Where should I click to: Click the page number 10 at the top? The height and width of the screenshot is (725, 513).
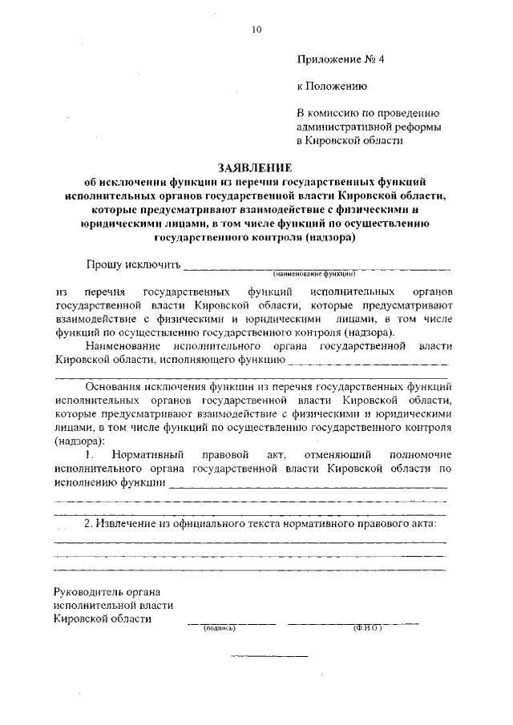pos(256,30)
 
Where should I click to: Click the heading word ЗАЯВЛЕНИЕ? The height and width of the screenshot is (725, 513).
pos(256,168)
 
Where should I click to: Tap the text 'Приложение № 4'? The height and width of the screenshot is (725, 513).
pos(341,59)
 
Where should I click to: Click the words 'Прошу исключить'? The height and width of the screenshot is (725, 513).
pos(133,265)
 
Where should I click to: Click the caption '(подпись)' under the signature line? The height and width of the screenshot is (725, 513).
pos(219,628)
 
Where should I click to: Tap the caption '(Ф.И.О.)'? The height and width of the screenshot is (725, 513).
pos(367,628)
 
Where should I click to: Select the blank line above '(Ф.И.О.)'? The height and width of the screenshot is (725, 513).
pos(353,623)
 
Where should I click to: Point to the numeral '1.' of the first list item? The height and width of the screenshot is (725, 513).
pos(90,455)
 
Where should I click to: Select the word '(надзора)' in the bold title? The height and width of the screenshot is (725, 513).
pos(328,237)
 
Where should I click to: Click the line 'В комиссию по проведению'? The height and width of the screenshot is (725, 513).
pos(367,113)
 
